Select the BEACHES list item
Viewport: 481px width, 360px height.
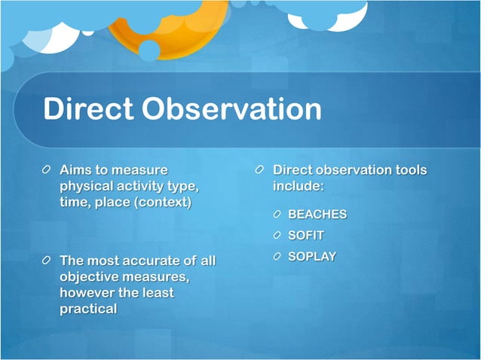pos(317,215)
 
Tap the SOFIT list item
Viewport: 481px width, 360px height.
pos(306,236)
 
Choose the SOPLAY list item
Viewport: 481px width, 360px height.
pos(312,257)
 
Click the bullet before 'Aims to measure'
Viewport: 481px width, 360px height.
pos(47,171)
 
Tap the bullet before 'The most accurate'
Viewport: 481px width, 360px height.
pos(47,261)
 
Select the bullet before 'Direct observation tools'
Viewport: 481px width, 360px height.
pos(260,171)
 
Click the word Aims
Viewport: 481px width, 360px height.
pos(76,170)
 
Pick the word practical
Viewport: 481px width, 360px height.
pos(88,309)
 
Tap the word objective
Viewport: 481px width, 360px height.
pos(90,277)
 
